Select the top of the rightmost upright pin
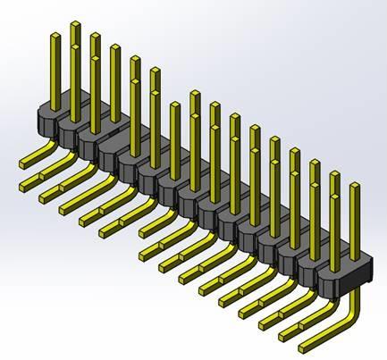pos(355,187)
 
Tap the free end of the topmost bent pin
pos(22,164)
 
